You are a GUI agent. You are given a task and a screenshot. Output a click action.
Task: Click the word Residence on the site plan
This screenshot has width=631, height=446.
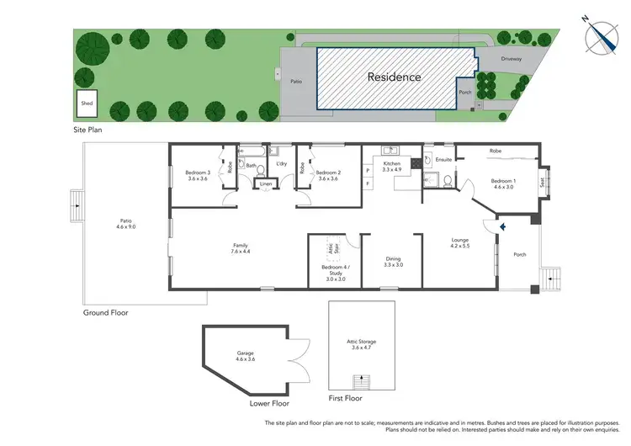click(394, 77)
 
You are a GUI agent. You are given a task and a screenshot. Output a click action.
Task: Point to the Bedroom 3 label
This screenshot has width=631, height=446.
click(197, 176)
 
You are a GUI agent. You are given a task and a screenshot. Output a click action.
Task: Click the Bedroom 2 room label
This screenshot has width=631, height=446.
click(327, 176)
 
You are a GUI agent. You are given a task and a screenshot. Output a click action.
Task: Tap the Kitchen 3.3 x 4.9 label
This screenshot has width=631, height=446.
click(392, 166)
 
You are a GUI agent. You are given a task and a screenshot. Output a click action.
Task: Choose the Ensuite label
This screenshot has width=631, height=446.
click(444, 158)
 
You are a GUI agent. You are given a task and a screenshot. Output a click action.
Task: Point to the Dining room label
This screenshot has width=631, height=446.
click(394, 262)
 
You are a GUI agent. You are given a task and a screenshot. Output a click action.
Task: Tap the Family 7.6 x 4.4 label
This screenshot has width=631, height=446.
click(240, 248)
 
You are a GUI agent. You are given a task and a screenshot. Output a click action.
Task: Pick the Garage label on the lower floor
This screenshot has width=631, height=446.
click(245, 356)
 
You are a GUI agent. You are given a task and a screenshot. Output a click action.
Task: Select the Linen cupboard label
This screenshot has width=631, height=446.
click(265, 183)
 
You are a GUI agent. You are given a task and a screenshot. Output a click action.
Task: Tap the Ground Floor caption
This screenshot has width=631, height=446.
click(105, 312)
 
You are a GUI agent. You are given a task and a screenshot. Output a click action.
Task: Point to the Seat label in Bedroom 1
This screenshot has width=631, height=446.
click(542, 180)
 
